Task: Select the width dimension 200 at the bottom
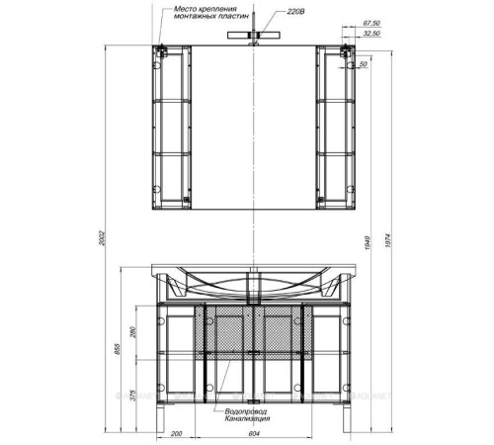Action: (x=175, y=432)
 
